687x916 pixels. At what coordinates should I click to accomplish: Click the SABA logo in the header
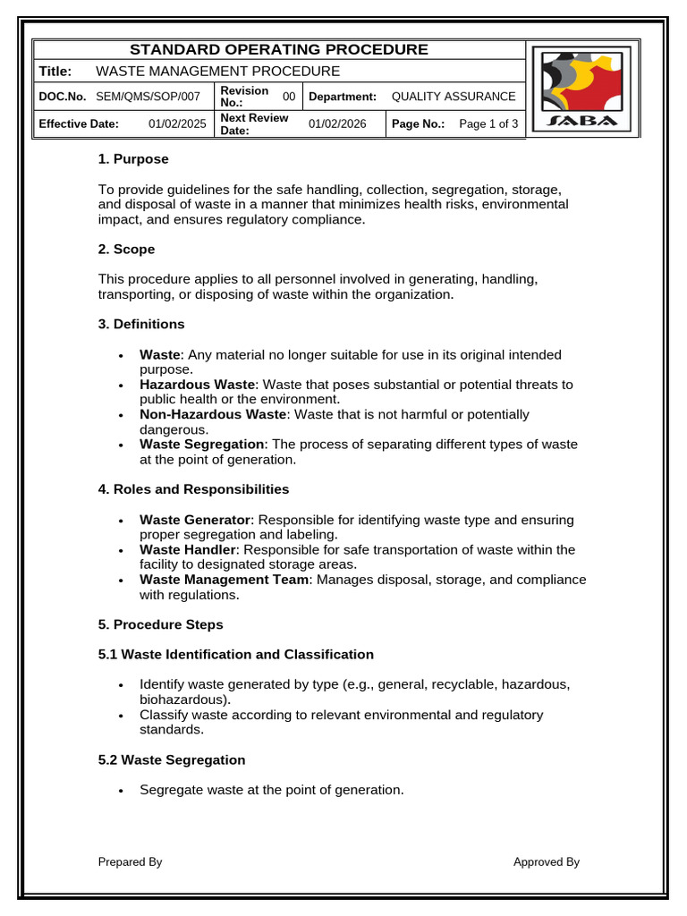pyautogui.click(x=582, y=89)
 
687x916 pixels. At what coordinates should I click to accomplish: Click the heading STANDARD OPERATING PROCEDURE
pyautogui.click(x=279, y=50)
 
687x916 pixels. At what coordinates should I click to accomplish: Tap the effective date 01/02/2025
pyautogui.click(x=177, y=124)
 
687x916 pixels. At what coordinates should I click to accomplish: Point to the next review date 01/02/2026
pyautogui.click(x=337, y=124)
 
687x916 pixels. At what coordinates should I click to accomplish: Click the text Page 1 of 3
pyautogui.click(x=488, y=124)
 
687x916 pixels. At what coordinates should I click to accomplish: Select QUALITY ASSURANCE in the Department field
pyautogui.click(x=454, y=97)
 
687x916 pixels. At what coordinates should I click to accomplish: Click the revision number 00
pyautogui.click(x=289, y=97)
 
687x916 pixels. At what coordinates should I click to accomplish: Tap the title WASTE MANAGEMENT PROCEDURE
pyautogui.click(x=217, y=72)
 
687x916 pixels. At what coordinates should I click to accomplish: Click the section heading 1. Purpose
pyautogui.click(x=133, y=159)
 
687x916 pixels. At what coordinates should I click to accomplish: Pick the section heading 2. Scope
pyautogui.click(x=126, y=250)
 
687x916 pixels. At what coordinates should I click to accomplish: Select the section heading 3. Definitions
pyautogui.click(x=141, y=324)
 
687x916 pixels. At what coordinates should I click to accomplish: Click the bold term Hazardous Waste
pyautogui.click(x=198, y=385)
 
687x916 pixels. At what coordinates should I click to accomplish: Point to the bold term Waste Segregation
pyautogui.click(x=202, y=445)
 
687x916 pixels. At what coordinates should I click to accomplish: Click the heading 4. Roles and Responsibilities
pyautogui.click(x=193, y=489)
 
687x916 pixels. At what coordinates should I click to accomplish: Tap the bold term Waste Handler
pyautogui.click(x=187, y=549)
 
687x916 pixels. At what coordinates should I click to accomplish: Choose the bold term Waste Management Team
pyautogui.click(x=224, y=580)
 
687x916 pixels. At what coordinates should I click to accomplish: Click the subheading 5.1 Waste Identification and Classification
pyautogui.click(x=235, y=655)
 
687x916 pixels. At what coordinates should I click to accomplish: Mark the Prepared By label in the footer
pyautogui.click(x=130, y=862)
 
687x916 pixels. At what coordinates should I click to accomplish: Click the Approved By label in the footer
pyautogui.click(x=546, y=862)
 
